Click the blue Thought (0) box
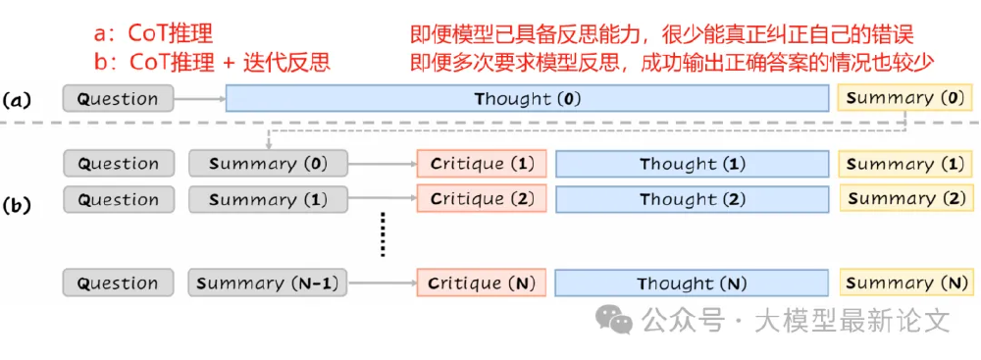[x=527, y=99]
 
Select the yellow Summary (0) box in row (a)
[x=904, y=99]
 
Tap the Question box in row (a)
[x=118, y=99]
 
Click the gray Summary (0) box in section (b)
[x=268, y=164]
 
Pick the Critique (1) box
[x=481, y=164]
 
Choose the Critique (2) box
[x=481, y=199]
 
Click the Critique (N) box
[x=481, y=283]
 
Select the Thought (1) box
[x=693, y=164]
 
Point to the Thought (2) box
[x=693, y=199]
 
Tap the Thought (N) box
[x=693, y=283]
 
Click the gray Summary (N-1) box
[x=268, y=283]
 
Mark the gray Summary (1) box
[x=268, y=199]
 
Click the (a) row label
[x=20, y=99]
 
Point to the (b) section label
[x=20, y=207]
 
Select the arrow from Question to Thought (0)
[x=199, y=99]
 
